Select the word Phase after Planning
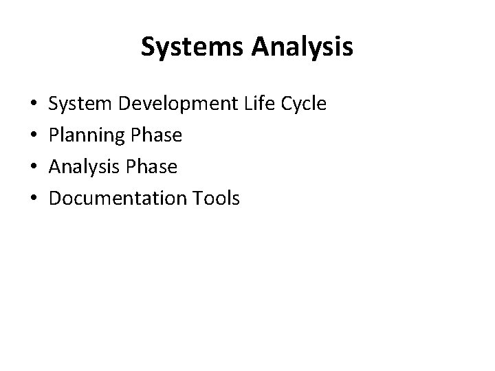tap(155, 135)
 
